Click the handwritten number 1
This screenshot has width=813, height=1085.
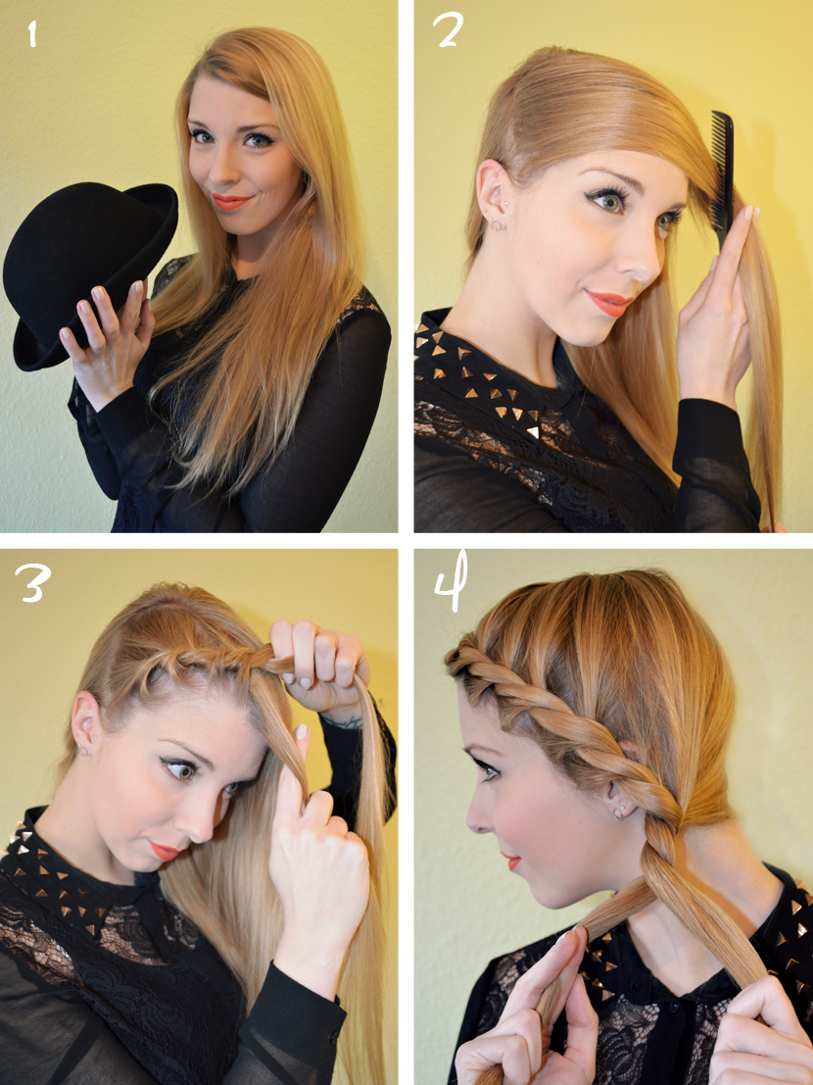point(31,34)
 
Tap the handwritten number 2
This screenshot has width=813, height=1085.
point(450,31)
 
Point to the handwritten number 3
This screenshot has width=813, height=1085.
point(31,582)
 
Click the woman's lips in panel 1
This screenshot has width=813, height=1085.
point(230,201)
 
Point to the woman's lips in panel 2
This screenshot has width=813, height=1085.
point(607,303)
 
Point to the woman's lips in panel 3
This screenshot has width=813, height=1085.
point(165,850)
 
